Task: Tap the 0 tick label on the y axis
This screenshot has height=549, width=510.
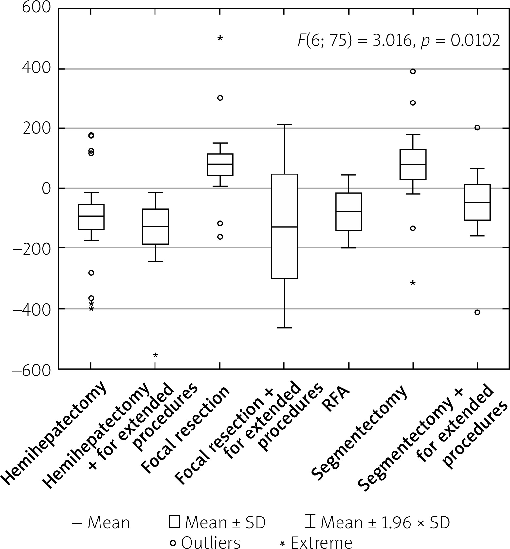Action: [x=46, y=189]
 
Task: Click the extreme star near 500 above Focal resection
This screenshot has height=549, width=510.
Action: [x=220, y=39]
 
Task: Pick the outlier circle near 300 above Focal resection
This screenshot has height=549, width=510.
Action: [x=220, y=98]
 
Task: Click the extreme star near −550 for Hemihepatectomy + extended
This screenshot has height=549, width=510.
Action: [x=155, y=355]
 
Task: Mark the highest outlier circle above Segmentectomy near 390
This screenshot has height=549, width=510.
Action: [x=413, y=71]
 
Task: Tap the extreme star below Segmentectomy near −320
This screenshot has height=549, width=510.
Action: [x=413, y=283]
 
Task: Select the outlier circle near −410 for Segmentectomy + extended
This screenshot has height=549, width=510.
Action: [x=477, y=312]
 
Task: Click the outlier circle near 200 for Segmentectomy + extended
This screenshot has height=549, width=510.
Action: [x=477, y=128]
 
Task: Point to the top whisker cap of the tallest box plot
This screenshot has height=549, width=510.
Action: [x=284, y=124]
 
